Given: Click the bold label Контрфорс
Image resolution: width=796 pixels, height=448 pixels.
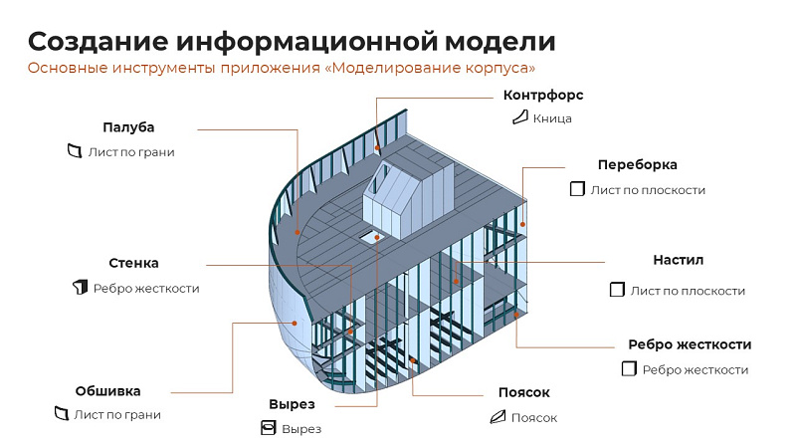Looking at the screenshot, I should point(543,96).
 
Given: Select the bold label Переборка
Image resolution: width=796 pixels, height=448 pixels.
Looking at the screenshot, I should point(637,164).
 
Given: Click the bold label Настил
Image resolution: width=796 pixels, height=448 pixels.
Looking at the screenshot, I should point(679,260).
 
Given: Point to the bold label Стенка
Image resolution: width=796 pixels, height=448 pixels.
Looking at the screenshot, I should point(133,264).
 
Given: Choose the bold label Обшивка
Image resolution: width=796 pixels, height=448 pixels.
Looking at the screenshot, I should point(107,390).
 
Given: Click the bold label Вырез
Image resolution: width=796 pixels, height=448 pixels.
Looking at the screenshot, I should point(292,404).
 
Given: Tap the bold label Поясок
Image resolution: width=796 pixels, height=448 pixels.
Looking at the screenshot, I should point(523,392).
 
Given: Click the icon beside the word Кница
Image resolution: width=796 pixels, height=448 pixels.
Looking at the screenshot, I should point(518,118).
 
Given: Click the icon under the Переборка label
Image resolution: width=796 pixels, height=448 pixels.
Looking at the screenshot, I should point(576,189).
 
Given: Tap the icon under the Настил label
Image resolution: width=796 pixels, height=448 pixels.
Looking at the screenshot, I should point(616,291).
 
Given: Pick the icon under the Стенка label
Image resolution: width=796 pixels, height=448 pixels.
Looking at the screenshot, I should point(80,288).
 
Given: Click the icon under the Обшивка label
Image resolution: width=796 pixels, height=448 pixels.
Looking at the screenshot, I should point(61,414).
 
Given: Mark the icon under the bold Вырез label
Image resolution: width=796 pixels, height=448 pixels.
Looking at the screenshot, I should point(267,429).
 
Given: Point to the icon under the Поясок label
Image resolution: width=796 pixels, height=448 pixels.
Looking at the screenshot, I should point(497,417).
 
